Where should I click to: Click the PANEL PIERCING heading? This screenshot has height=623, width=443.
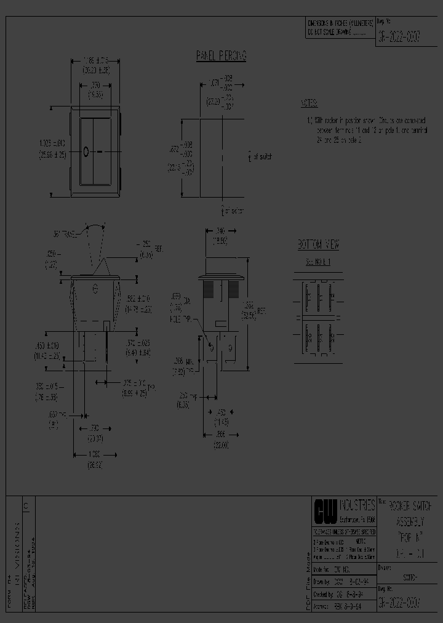[221, 57]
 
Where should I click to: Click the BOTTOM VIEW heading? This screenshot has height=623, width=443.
[318, 244]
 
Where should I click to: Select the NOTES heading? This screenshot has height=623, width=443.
[309, 103]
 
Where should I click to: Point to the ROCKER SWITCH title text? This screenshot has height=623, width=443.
[409, 505]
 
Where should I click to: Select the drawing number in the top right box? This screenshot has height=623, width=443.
[399, 38]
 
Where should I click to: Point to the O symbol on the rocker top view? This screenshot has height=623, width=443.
[86, 151]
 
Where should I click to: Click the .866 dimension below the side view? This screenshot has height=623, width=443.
[221, 435]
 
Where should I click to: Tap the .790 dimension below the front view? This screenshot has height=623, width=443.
[95, 427]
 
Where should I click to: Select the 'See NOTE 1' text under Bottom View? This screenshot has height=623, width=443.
[318, 262]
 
